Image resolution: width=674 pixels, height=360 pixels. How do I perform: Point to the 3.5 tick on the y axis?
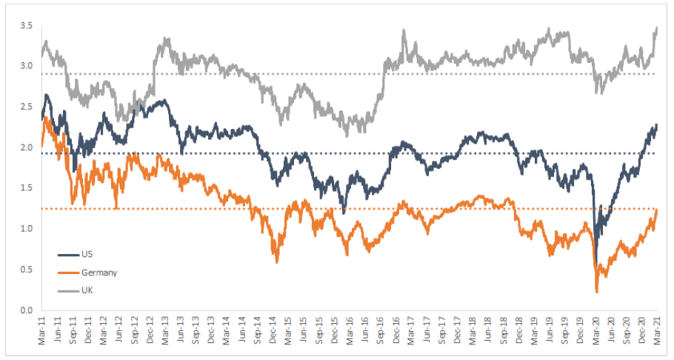[x=27, y=26]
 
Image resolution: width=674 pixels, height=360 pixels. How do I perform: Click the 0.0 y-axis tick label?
[x=27, y=310]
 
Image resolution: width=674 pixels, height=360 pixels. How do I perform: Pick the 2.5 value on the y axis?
[x=27, y=107]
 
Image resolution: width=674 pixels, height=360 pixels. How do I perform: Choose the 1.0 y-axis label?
[x=27, y=229]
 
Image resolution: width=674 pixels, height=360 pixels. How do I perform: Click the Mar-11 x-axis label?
[x=42, y=330]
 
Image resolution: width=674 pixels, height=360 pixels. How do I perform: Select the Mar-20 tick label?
[x=597, y=330]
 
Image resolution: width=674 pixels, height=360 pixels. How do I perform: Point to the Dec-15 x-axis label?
[x=335, y=330]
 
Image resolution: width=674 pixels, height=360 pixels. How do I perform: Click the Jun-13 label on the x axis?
[x=181, y=330]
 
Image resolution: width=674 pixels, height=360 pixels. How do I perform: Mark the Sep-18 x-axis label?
[x=504, y=330]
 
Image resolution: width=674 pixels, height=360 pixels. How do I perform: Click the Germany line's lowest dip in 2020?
[x=597, y=292]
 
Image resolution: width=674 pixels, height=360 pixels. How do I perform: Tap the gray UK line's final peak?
[x=657, y=28]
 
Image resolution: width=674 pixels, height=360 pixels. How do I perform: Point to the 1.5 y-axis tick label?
[x=27, y=188]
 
